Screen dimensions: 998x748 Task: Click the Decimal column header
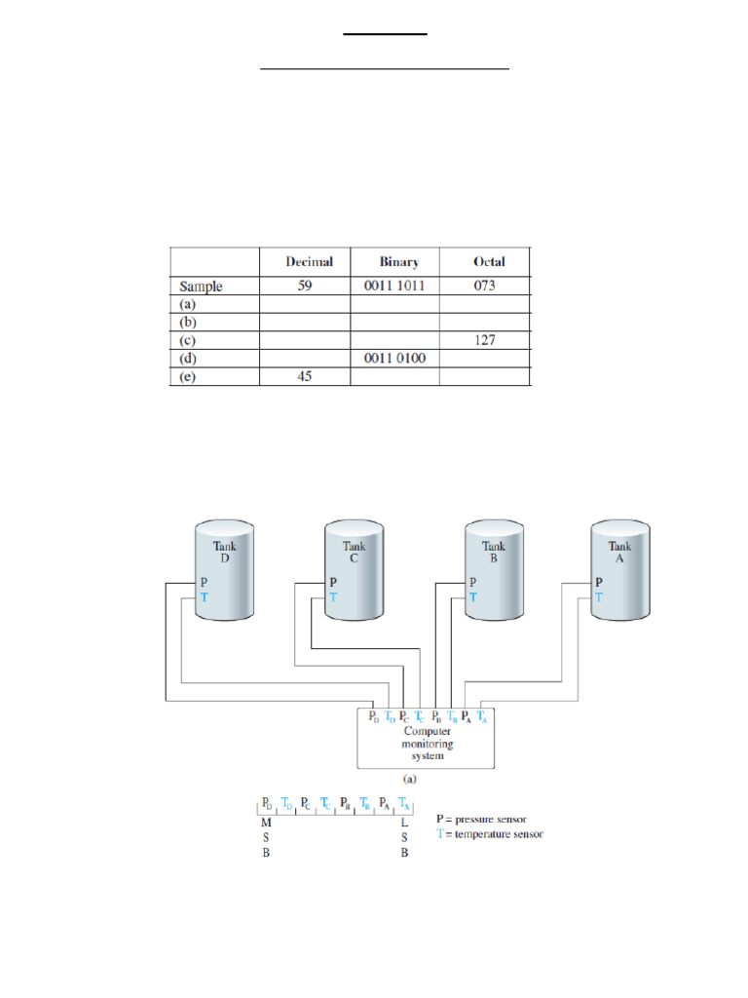309,262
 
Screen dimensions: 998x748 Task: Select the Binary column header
399,262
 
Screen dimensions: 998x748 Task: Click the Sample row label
202,288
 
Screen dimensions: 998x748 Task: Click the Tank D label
224,553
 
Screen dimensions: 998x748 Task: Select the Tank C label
355,553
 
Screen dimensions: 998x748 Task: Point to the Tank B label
495,553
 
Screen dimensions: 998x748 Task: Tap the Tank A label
620,553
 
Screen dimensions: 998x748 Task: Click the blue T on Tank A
599,595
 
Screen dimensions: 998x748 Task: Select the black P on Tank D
204,581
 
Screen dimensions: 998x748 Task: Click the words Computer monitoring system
428,743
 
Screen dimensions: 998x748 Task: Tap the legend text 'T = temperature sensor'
490,834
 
